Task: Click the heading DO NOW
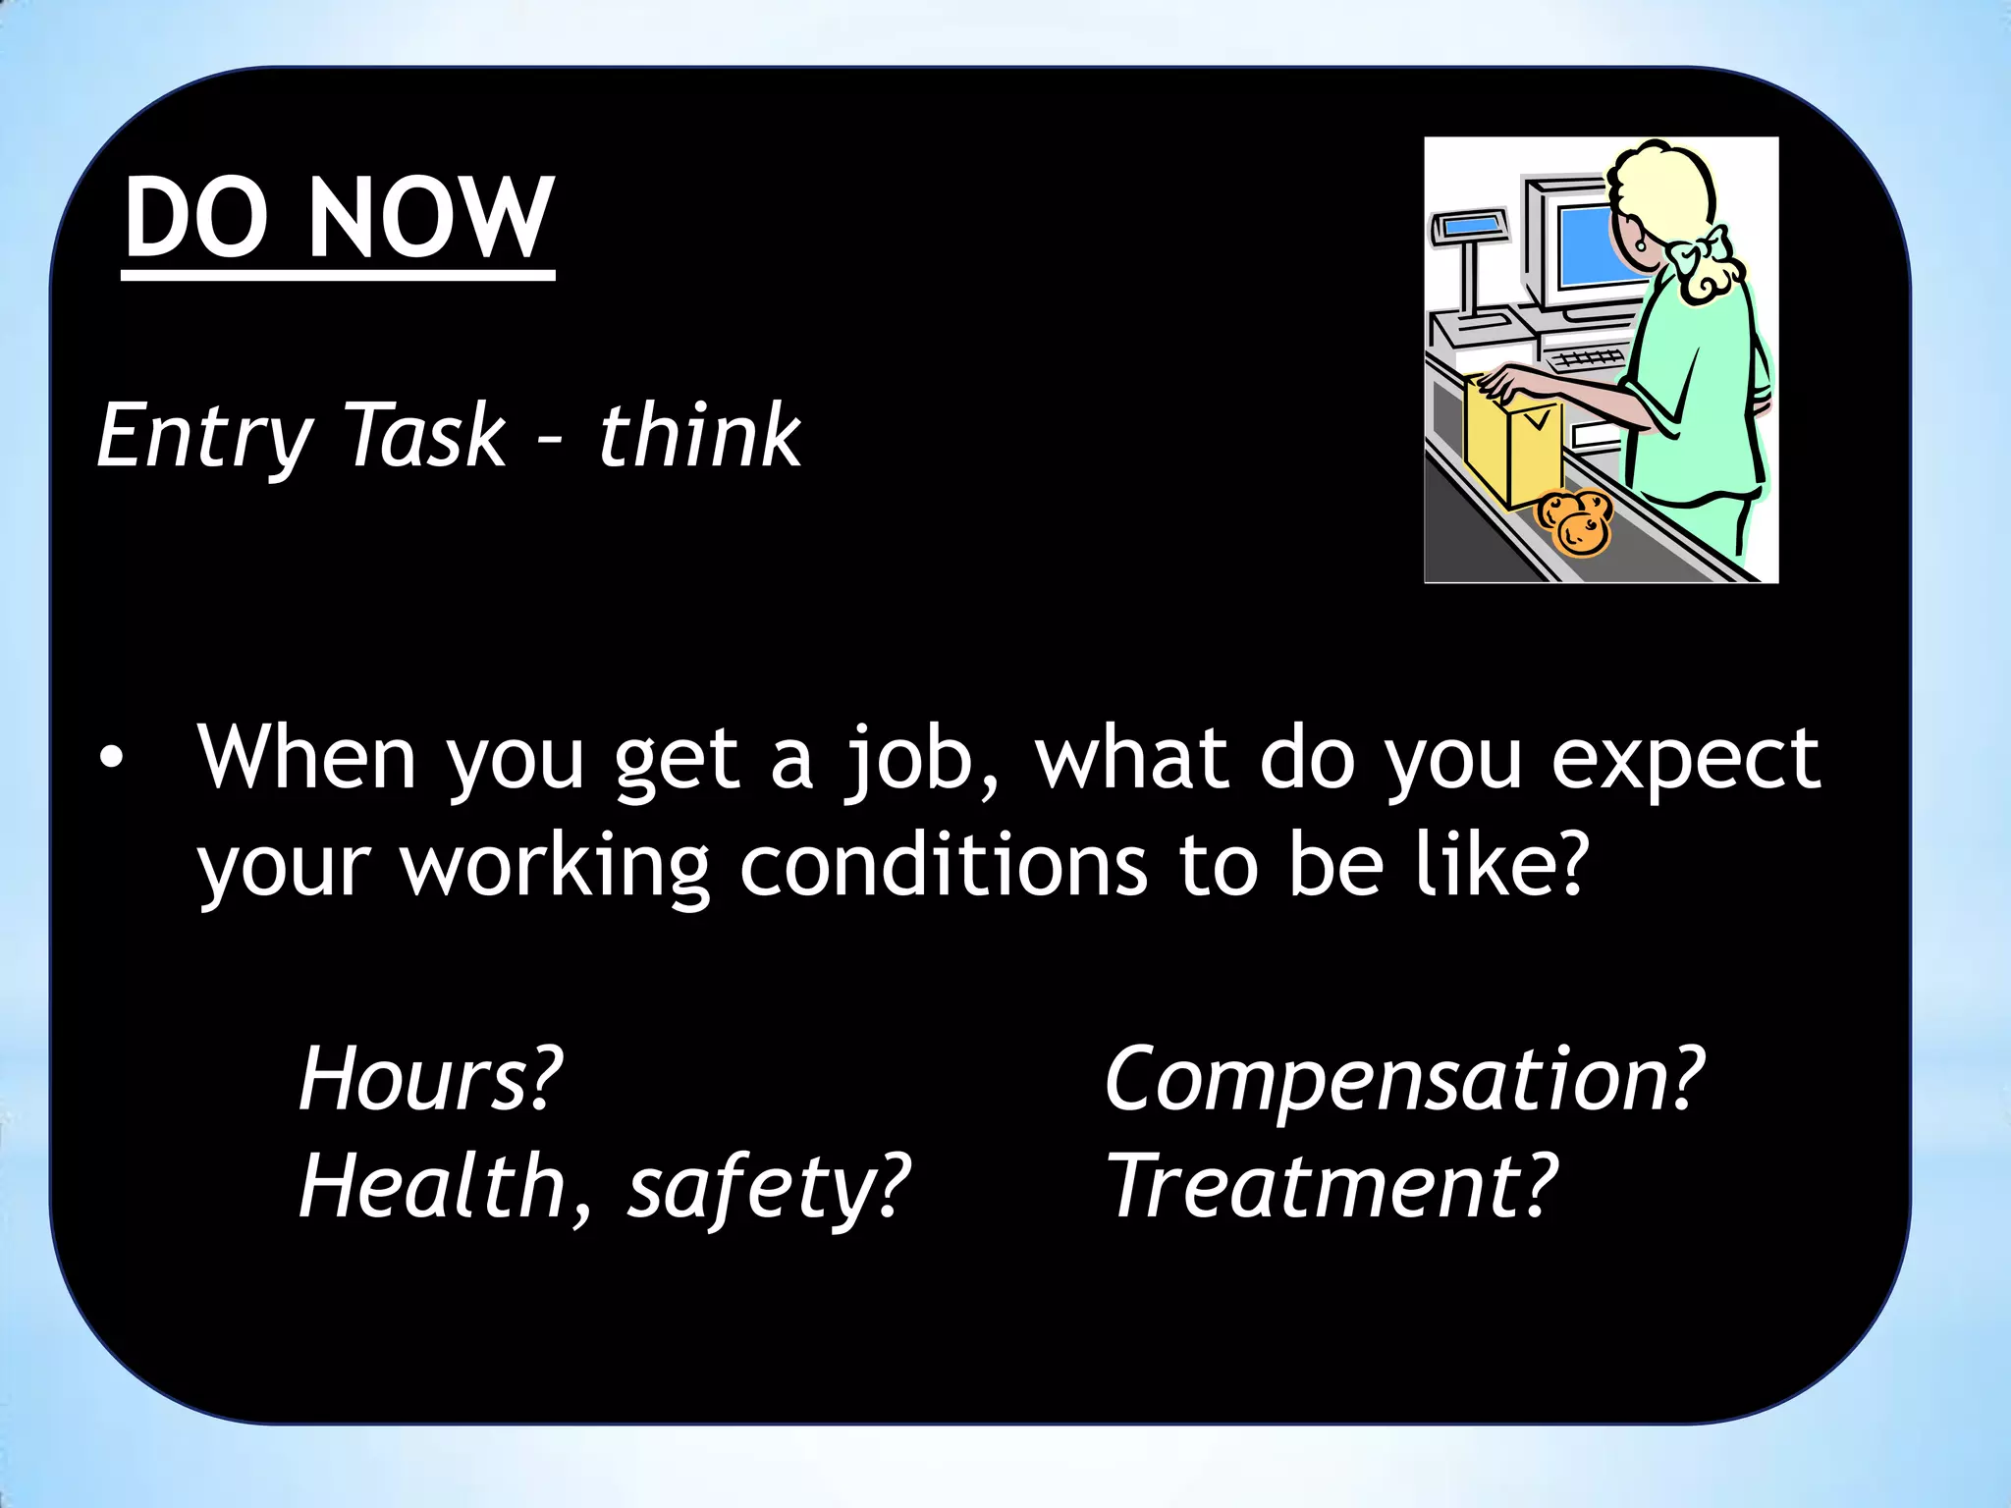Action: coord(339,218)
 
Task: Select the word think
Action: coord(699,435)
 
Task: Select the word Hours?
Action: coord(431,1078)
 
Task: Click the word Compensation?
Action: coord(1404,1078)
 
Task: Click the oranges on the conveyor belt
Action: coord(1574,522)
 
